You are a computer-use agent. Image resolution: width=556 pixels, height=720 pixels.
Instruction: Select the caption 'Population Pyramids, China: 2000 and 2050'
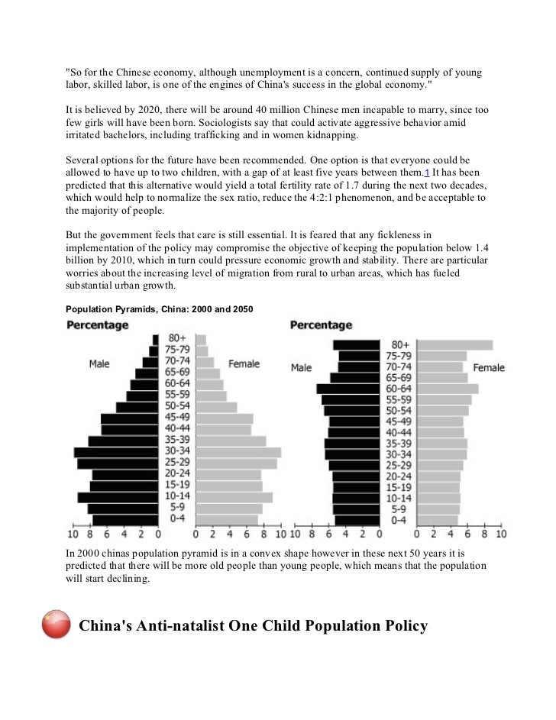158,308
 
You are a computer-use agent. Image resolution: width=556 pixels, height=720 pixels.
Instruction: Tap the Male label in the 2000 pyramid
99,363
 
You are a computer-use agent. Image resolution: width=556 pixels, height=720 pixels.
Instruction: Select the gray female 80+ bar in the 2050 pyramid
456,345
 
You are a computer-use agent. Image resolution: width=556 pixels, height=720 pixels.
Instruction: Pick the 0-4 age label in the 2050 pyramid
398,520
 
